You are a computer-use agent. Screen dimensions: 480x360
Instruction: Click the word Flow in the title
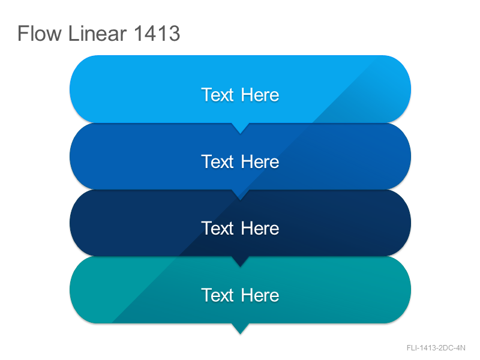click(40, 33)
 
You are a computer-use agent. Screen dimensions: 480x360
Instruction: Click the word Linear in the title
click(97, 33)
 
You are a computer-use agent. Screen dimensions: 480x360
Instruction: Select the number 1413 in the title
click(157, 33)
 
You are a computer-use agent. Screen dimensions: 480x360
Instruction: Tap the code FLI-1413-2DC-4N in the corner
click(436, 348)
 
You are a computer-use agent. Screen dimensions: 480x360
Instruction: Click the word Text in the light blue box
click(217, 95)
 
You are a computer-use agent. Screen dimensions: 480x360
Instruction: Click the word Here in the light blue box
click(260, 95)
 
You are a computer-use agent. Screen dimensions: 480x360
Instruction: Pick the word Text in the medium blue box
click(217, 161)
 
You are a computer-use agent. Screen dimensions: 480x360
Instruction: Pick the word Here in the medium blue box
click(260, 161)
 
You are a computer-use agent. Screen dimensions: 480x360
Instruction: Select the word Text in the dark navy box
click(217, 228)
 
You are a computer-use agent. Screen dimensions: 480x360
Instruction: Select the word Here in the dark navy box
click(260, 228)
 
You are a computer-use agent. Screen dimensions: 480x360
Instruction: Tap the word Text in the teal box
click(217, 295)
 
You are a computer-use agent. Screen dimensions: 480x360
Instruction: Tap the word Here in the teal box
click(260, 295)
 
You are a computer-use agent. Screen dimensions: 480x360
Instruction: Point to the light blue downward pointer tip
click(241, 133)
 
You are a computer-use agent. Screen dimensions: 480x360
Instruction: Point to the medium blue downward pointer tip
click(241, 200)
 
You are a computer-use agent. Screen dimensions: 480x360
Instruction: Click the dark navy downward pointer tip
click(241, 267)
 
